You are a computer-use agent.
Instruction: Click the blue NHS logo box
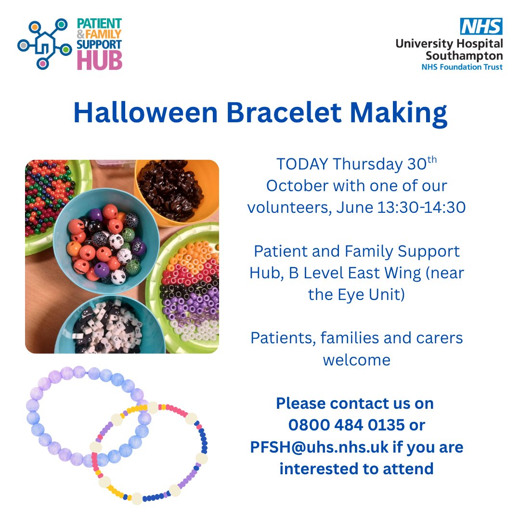pos(481,26)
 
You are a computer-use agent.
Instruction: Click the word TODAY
pos(301,165)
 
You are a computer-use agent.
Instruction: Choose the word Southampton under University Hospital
pos(465,55)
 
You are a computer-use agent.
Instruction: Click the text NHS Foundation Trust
pos(462,67)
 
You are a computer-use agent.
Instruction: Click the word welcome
pos(357,359)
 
